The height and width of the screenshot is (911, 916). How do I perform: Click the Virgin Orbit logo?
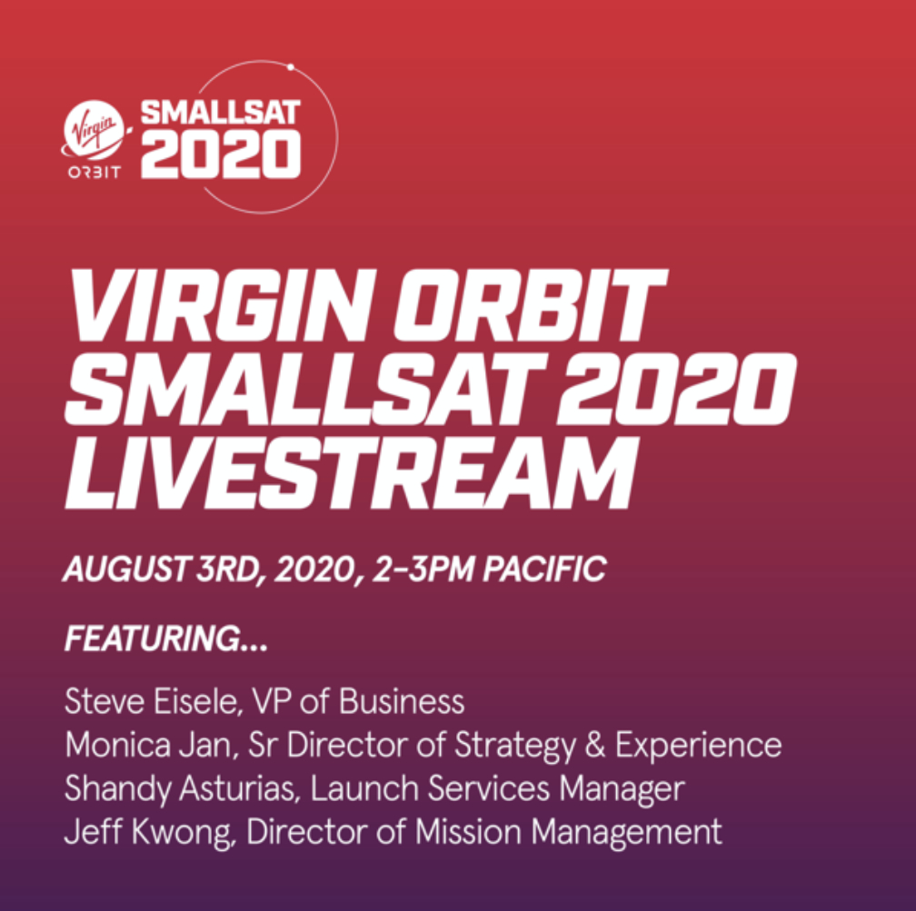(x=95, y=140)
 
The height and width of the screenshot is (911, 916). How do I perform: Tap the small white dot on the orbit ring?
(x=291, y=67)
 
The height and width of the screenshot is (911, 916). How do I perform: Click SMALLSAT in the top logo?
(x=220, y=112)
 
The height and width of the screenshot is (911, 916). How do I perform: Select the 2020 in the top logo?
(x=220, y=153)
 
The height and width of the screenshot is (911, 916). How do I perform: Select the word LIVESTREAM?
(x=351, y=472)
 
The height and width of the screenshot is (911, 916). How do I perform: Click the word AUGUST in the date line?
(x=126, y=569)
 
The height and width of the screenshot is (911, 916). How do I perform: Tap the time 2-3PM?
(x=423, y=569)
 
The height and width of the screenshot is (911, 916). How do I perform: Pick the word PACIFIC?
(x=544, y=569)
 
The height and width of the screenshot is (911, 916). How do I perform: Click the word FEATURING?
(x=153, y=638)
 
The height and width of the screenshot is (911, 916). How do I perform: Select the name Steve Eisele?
(x=153, y=701)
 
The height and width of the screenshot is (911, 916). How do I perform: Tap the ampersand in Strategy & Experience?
(x=594, y=745)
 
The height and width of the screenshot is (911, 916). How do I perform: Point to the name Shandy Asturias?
(x=182, y=788)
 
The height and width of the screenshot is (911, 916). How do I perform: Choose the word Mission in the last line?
(x=468, y=832)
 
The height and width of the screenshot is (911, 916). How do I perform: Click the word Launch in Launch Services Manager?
(x=364, y=788)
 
